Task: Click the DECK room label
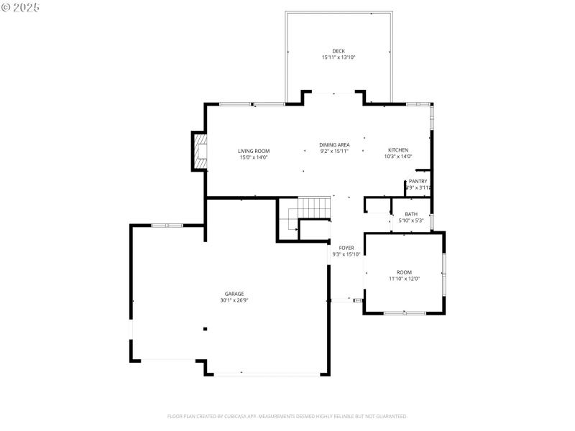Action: click(x=339, y=51)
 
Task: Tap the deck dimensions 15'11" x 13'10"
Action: click(x=339, y=57)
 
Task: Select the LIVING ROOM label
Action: click(x=254, y=151)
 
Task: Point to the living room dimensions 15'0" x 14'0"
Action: click(x=254, y=157)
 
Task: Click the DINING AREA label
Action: click(x=334, y=145)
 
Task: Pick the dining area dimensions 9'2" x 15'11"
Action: click(x=334, y=152)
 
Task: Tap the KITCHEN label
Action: click(x=398, y=150)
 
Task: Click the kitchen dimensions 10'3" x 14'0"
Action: click(x=398, y=157)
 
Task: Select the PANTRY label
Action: click(x=418, y=181)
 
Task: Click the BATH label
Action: click(x=411, y=214)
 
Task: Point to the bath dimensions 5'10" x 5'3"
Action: click(x=411, y=221)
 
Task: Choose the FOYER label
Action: click(x=346, y=248)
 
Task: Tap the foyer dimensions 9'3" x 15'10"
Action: click(x=346, y=254)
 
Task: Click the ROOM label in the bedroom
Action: click(x=405, y=272)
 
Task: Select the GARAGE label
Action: click(x=234, y=294)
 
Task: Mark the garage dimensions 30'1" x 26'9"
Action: click(x=234, y=300)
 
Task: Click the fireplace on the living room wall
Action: click(x=199, y=152)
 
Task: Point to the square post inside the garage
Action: click(x=205, y=329)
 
